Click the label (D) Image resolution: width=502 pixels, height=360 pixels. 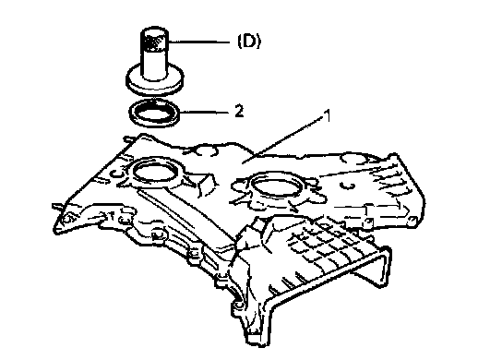pyautogui.click(x=249, y=42)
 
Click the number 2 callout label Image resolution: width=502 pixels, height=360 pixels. pyautogui.click(x=239, y=111)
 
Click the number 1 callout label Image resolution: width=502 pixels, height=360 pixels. pyautogui.click(x=327, y=115)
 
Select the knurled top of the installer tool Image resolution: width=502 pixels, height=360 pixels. pyautogui.click(x=155, y=40)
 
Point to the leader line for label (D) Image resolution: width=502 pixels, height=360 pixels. pyautogui.click(x=198, y=42)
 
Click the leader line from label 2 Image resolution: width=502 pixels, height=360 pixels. pyautogui.click(x=206, y=112)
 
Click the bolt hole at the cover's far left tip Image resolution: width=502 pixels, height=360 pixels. pyautogui.click(x=67, y=219)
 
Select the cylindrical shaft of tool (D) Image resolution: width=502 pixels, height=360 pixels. pyautogui.click(x=155, y=64)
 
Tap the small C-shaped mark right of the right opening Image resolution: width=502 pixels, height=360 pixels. pyautogui.click(x=347, y=186)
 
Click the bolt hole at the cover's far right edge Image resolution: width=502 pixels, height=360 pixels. pyautogui.click(x=412, y=220)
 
